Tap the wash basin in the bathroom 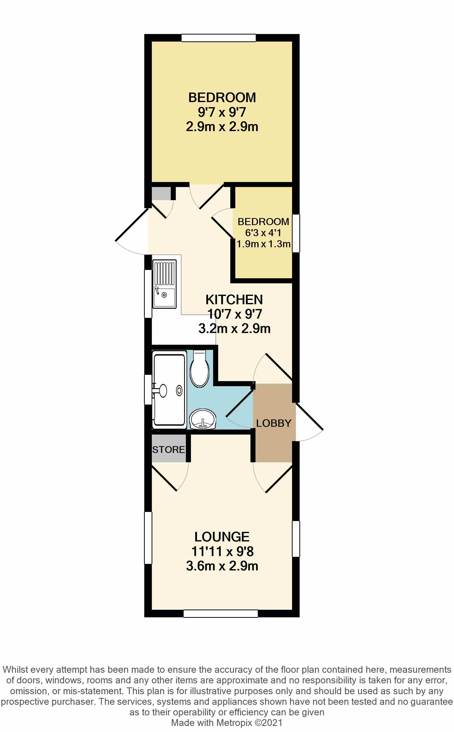click(203, 419)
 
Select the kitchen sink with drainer click(164, 284)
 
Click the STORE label click(168, 449)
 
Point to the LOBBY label click(274, 423)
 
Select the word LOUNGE click(222, 537)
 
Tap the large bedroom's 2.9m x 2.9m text click(222, 127)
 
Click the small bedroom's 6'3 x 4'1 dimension click(263, 232)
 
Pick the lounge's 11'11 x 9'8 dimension click(222, 551)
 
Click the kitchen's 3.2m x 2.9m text click(234, 328)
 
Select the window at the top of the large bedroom click(219, 38)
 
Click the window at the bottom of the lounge click(220, 614)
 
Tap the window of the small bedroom click(296, 233)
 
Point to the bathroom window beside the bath click(148, 389)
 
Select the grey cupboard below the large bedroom click(161, 194)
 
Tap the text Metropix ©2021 click(249, 723)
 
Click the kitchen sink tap click(157, 290)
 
